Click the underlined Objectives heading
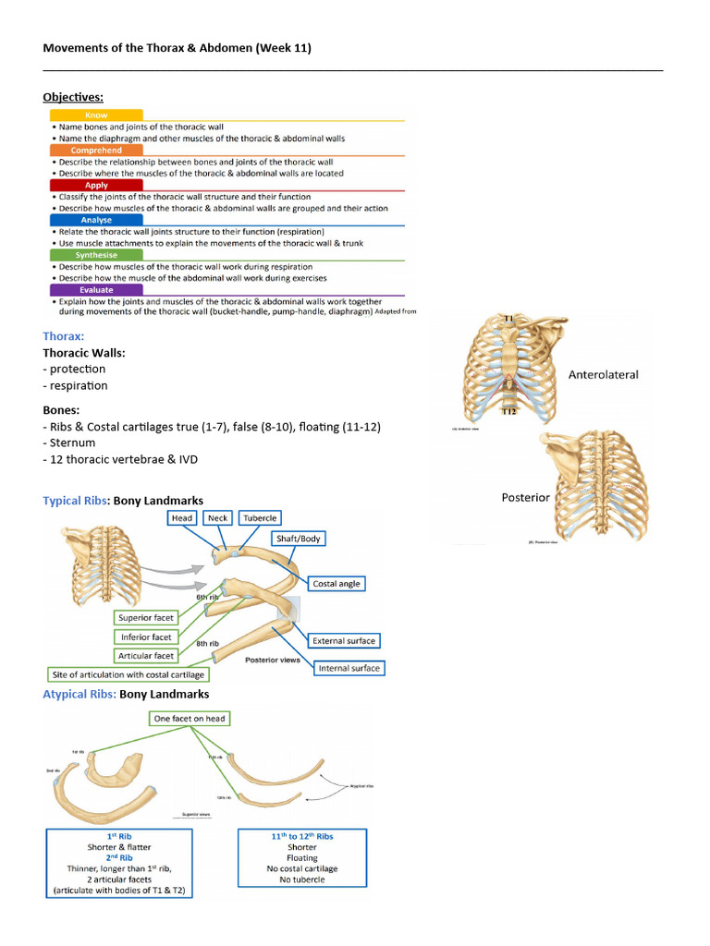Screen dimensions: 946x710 click(73, 96)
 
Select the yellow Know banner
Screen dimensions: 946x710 click(95, 115)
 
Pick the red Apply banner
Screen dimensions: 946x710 click(95, 185)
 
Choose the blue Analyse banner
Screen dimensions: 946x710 click(95, 220)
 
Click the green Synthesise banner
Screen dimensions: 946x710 click(95, 255)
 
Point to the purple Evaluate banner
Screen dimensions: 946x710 click(95, 290)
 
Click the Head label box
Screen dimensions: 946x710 click(182, 518)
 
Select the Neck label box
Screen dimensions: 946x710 click(217, 518)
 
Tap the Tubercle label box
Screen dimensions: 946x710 click(260, 518)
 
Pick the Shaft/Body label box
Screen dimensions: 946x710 click(299, 539)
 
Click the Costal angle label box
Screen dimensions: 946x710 click(337, 584)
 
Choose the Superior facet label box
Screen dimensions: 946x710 click(145, 617)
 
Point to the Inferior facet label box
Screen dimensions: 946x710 click(146, 637)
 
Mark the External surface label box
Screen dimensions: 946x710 click(343, 640)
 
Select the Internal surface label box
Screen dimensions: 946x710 click(348, 668)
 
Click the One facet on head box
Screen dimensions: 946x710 click(190, 718)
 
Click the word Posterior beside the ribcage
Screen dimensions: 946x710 click(525, 497)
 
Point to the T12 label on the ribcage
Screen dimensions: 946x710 click(508, 412)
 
